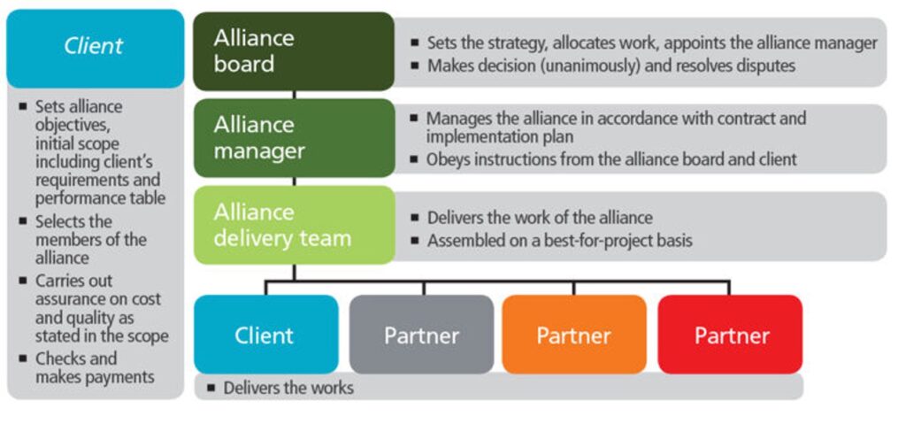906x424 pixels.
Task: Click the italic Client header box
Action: tap(94, 46)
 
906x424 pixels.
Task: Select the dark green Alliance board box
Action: tap(293, 50)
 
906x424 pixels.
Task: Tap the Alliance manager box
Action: tap(293, 137)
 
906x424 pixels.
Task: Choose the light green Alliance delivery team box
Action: tap(293, 224)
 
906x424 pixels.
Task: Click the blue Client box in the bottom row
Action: tap(265, 335)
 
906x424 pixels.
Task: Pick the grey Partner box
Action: tap(421, 335)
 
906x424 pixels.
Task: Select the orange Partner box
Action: tap(573, 335)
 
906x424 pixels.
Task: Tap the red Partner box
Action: tap(730, 335)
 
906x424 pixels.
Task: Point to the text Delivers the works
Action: tap(288, 388)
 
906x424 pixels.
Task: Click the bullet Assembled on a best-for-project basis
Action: tap(559, 240)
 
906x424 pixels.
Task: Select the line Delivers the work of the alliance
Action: tap(540, 218)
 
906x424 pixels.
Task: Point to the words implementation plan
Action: tap(500, 137)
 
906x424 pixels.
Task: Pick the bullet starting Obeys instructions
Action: tap(611, 159)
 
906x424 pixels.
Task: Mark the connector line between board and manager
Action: tap(294, 94)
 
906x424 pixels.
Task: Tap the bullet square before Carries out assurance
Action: tap(23, 281)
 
